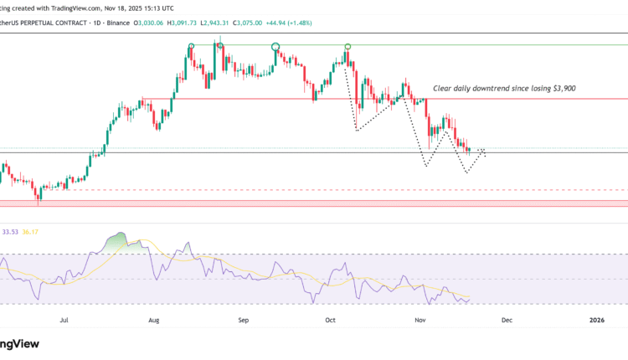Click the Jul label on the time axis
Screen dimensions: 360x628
point(64,319)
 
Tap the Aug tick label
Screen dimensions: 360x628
point(153,319)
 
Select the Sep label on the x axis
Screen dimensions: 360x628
point(243,319)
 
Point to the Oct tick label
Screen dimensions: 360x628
point(330,319)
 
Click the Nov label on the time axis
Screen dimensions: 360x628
point(420,319)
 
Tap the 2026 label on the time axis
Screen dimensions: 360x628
point(596,319)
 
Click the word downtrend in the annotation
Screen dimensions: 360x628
point(493,88)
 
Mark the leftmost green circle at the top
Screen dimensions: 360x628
point(192,46)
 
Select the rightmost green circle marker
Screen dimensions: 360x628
point(347,46)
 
